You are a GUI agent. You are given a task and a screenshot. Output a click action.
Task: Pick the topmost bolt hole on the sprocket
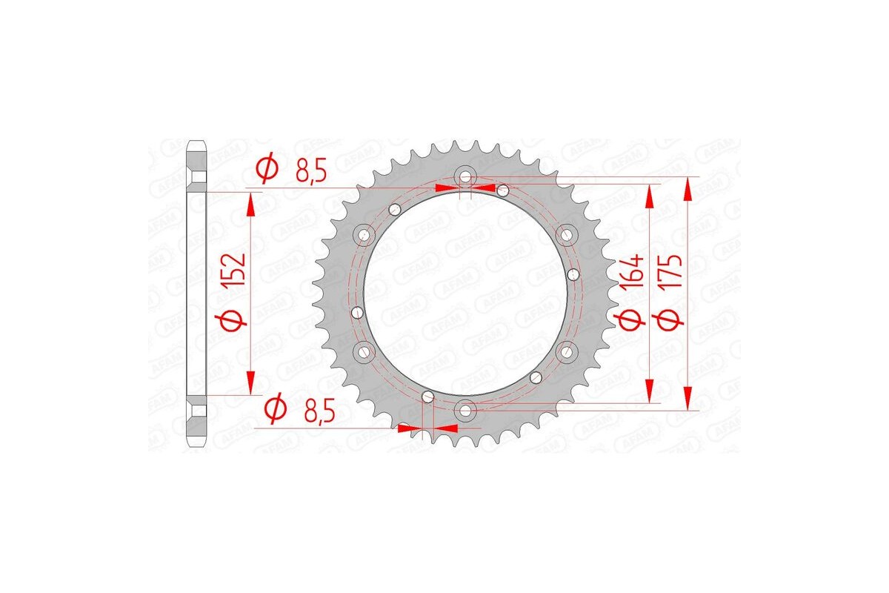[465, 177]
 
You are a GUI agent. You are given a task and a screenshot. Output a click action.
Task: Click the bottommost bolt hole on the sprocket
[465, 408]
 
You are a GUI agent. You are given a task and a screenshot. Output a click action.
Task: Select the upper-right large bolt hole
[567, 235]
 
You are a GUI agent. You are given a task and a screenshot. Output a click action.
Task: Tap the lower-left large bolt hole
[364, 350]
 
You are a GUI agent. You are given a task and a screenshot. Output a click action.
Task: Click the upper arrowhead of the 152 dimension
[252, 205]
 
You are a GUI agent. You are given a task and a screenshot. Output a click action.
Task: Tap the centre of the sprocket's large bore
[465, 292]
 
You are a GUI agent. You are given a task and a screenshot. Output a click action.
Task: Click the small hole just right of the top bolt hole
[502, 191]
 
